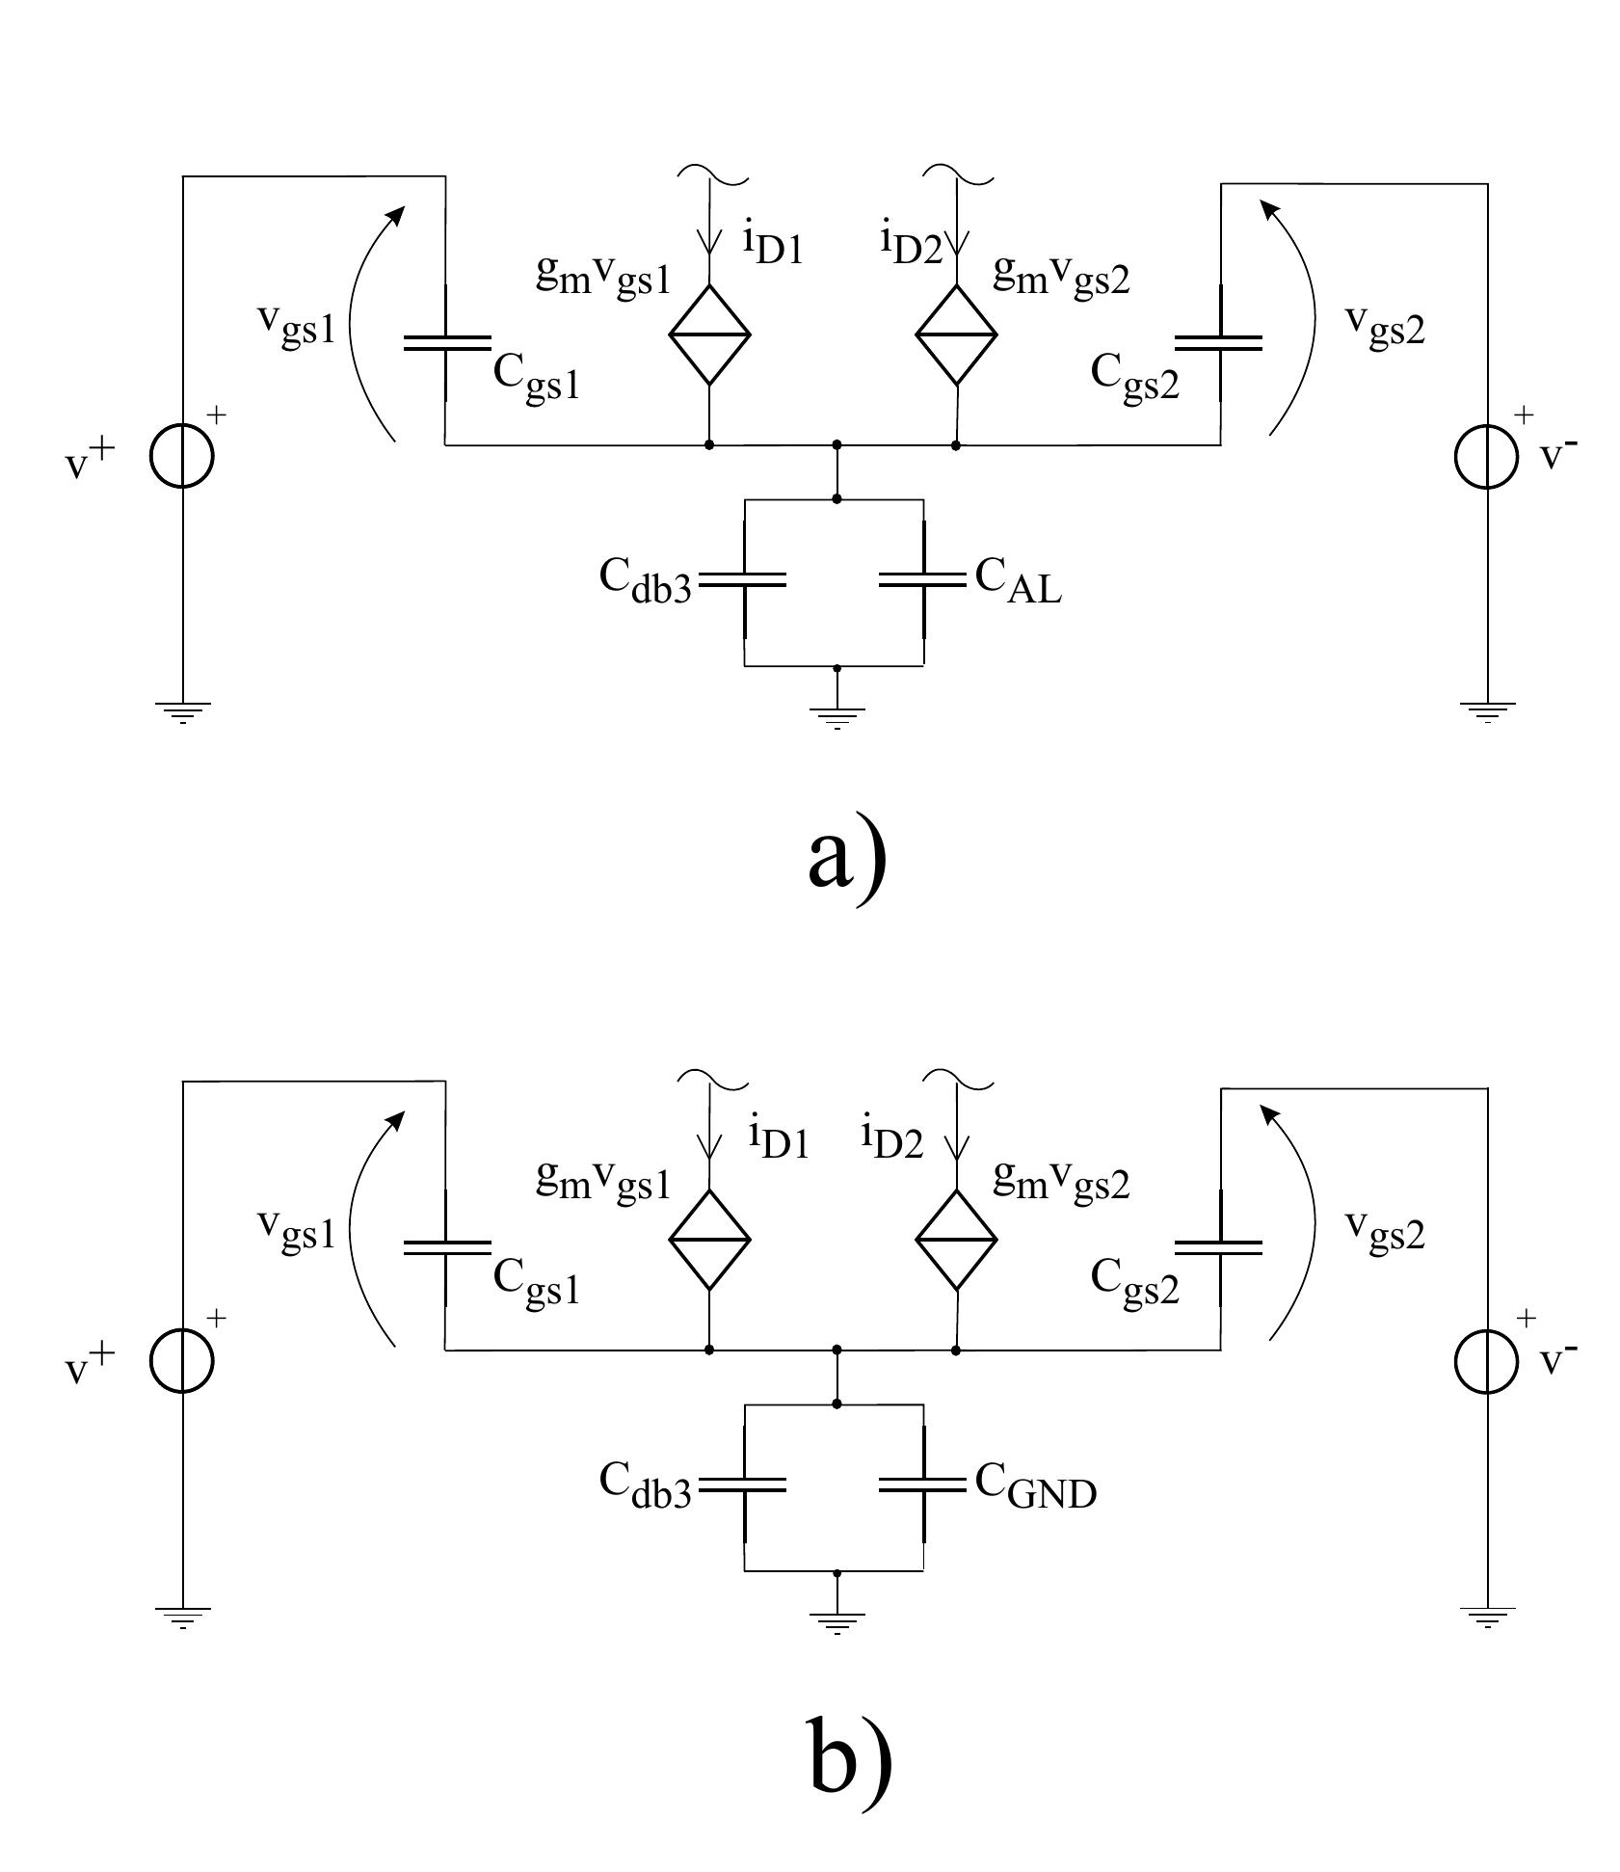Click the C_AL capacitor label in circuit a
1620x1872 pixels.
1018,581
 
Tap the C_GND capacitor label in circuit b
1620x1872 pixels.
1035,1486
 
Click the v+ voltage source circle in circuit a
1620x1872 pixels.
181,457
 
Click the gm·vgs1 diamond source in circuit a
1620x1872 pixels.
710,334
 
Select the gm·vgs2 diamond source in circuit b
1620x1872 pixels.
956,1240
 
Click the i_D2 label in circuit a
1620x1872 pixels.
910,241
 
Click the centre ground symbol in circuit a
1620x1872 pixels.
837,715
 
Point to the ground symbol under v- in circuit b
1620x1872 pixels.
1487,1617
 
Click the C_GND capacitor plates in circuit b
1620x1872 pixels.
922,1486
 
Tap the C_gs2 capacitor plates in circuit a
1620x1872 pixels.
1218,342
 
